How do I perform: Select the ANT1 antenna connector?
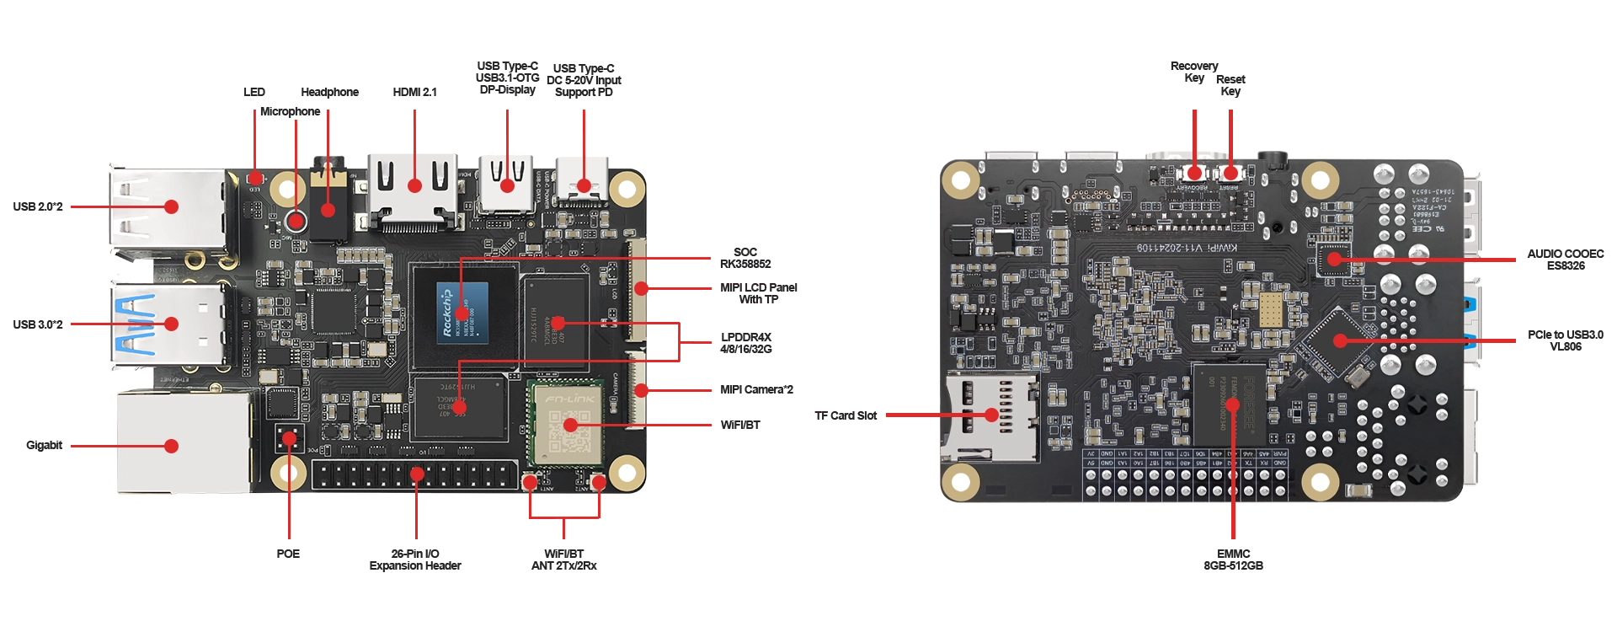(x=530, y=482)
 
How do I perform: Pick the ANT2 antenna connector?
(x=599, y=482)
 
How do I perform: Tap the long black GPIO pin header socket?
(x=415, y=475)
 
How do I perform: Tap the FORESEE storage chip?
(x=1229, y=404)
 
